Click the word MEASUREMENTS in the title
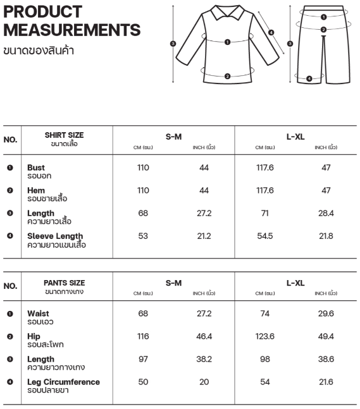[x=72, y=30]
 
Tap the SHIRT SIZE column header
[x=64, y=135]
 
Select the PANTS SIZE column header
[x=64, y=283]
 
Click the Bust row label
[x=36, y=168]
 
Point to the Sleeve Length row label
[x=55, y=236]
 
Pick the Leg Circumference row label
[x=63, y=382]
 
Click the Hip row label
[x=34, y=336]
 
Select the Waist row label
[x=38, y=314]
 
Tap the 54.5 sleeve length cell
[x=264, y=236]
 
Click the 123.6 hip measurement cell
[x=264, y=336]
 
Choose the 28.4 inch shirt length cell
[x=325, y=214]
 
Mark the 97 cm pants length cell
[x=143, y=359]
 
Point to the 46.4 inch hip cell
[x=204, y=336]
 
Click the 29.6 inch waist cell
[x=325, y=314]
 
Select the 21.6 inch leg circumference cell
[x=325, y=382]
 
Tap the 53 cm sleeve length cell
[x=143, y=236]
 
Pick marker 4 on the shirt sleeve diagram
[x=271, y=32]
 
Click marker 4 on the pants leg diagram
[x=309, y=78]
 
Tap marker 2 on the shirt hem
[x=227, y=76]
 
